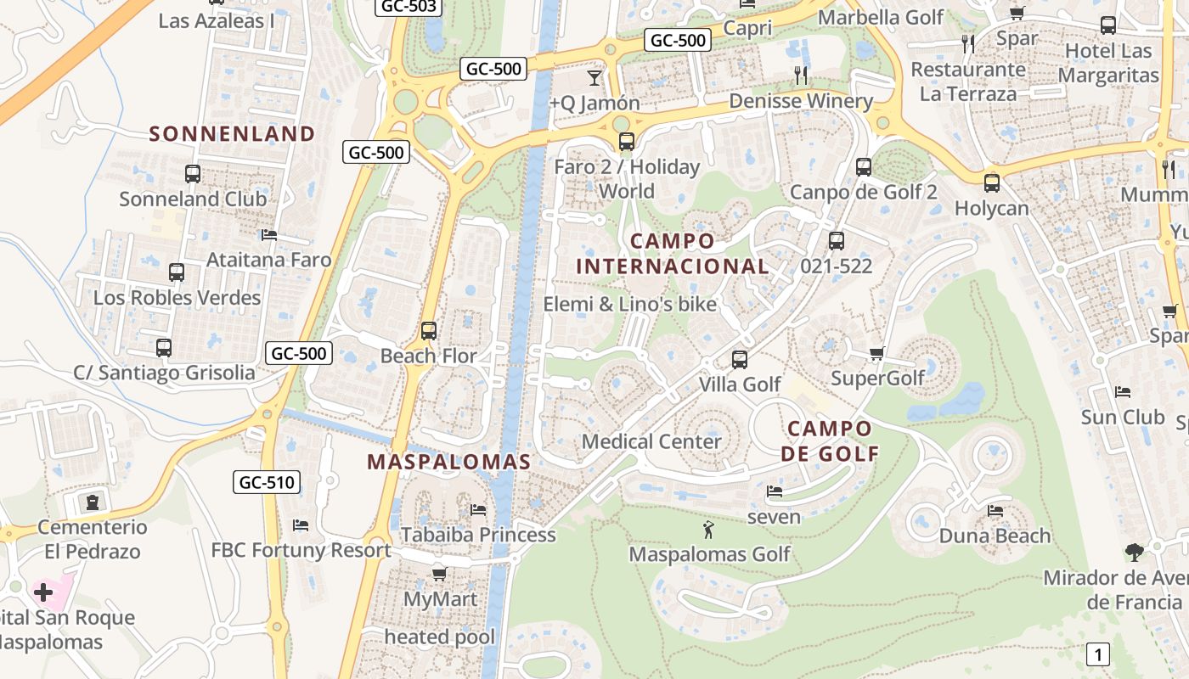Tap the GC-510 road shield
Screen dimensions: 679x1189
267,483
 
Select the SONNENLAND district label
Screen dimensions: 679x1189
232,133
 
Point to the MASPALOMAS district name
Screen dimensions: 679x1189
448,462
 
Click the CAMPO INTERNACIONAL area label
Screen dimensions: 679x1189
673,254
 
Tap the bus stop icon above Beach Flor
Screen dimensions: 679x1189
429,330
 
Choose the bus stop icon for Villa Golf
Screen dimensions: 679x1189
740,359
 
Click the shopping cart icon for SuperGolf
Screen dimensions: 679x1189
877,353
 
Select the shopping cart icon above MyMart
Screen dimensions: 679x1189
439,574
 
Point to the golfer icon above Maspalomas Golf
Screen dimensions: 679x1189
708,530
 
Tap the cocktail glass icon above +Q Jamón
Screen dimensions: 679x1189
594,78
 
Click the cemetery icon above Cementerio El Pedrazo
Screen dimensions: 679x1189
92,502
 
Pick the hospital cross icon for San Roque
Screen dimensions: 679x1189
43,592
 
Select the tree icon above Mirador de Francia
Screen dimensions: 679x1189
1134,553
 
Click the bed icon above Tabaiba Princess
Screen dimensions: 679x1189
478,510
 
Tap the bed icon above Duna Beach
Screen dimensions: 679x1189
995,511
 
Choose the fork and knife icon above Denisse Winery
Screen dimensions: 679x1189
800,76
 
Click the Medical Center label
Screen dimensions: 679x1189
651,441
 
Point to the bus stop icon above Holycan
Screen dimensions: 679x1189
991,182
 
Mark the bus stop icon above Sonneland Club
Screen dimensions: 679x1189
193,174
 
